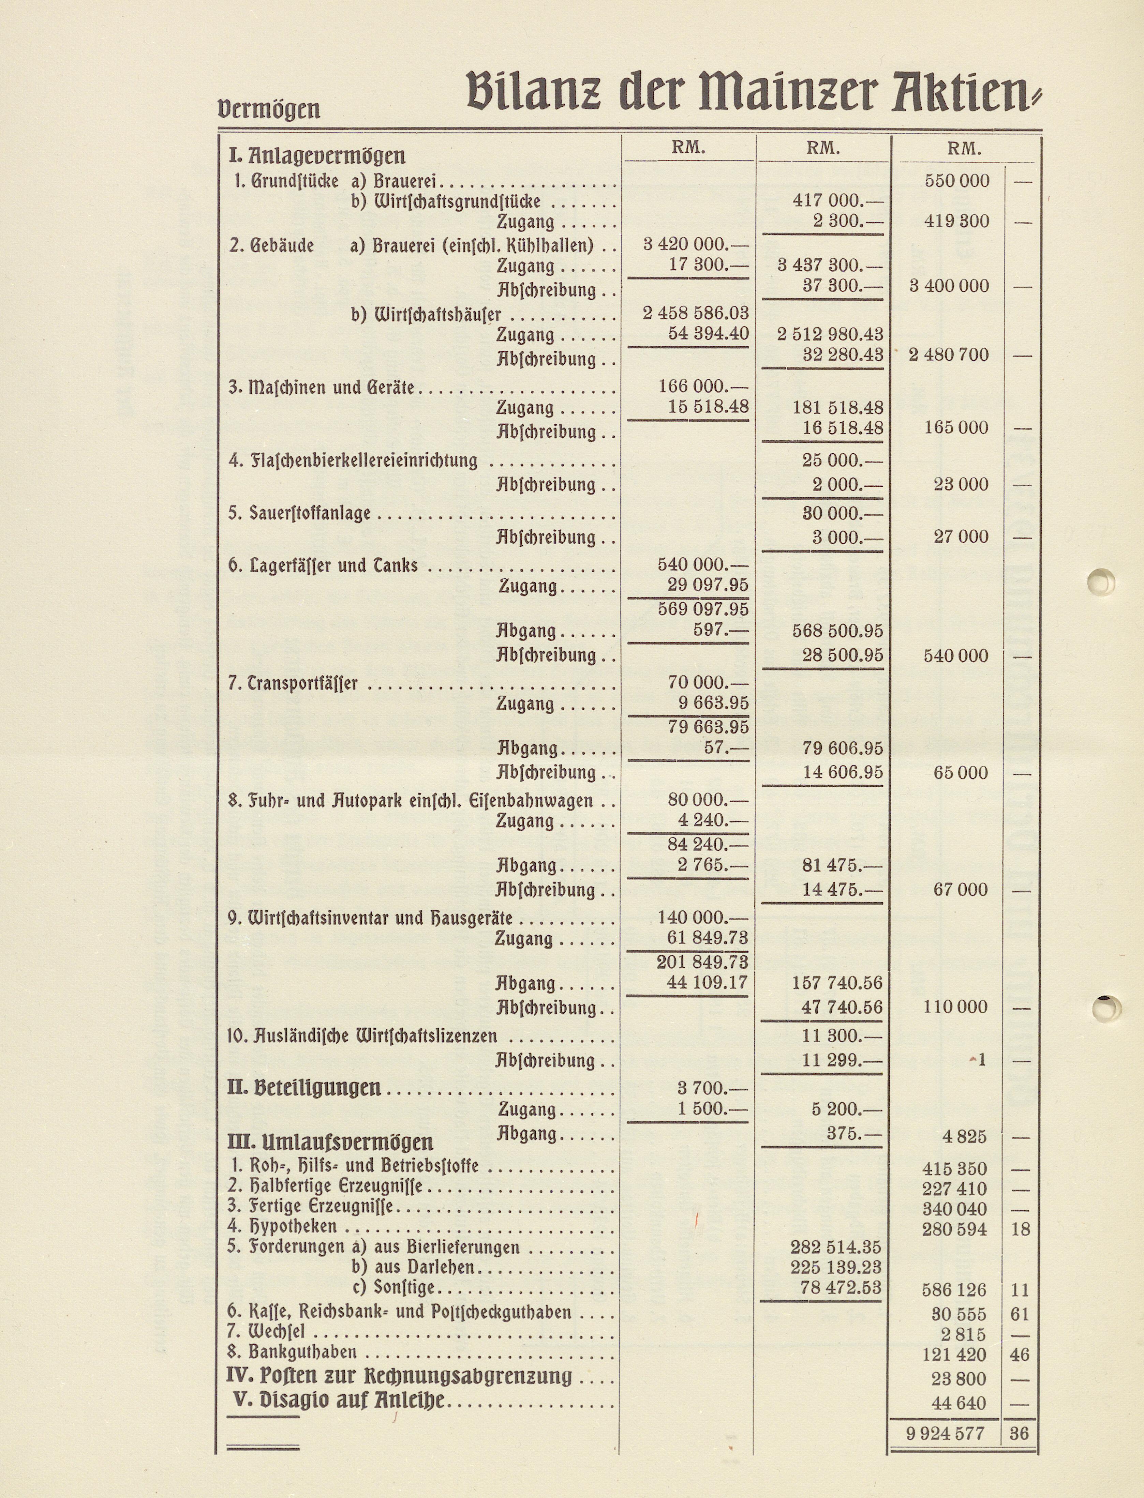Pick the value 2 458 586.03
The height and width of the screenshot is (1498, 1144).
coord(695,313)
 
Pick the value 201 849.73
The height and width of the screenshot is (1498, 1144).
coord(702,962)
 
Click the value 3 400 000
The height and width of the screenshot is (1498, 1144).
coord(949,286)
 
